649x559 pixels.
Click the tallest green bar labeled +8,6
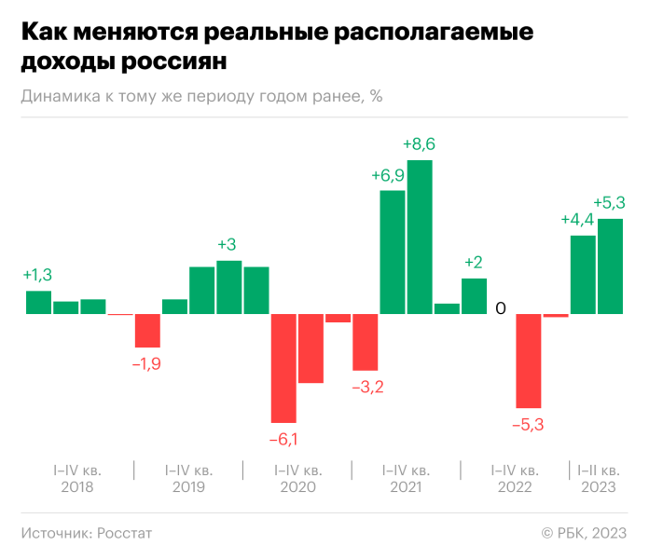click(x=420, y=238)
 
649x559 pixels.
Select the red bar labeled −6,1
click(x=283, y=368)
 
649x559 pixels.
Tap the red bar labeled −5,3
click(x=529, y=361)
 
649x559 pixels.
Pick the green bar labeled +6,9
click(x=393, y=252)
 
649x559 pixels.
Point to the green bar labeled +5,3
click(x=610, y=266)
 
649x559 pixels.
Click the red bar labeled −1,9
click(x=147, y=331)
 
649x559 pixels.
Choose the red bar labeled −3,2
click(x=366, y=342)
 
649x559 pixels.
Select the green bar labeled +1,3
click(x=38, y=302)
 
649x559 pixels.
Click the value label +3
click(x=227, y=244)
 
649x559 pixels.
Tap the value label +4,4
click(x=577, y=220)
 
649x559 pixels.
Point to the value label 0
click(x=501, y=308)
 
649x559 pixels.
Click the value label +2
click(x=474, y=262)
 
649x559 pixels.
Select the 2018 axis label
click(x=77, y=487)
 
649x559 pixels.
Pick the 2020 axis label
click(x=297, y=487)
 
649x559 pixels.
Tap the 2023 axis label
click(x=598, y=487)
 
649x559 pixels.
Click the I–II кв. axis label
click(x=598, y=470)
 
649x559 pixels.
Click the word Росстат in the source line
click(x=123, y=533)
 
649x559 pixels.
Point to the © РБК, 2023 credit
click(x=584, y=533)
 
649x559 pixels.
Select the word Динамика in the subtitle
click(x=54, y=96)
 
